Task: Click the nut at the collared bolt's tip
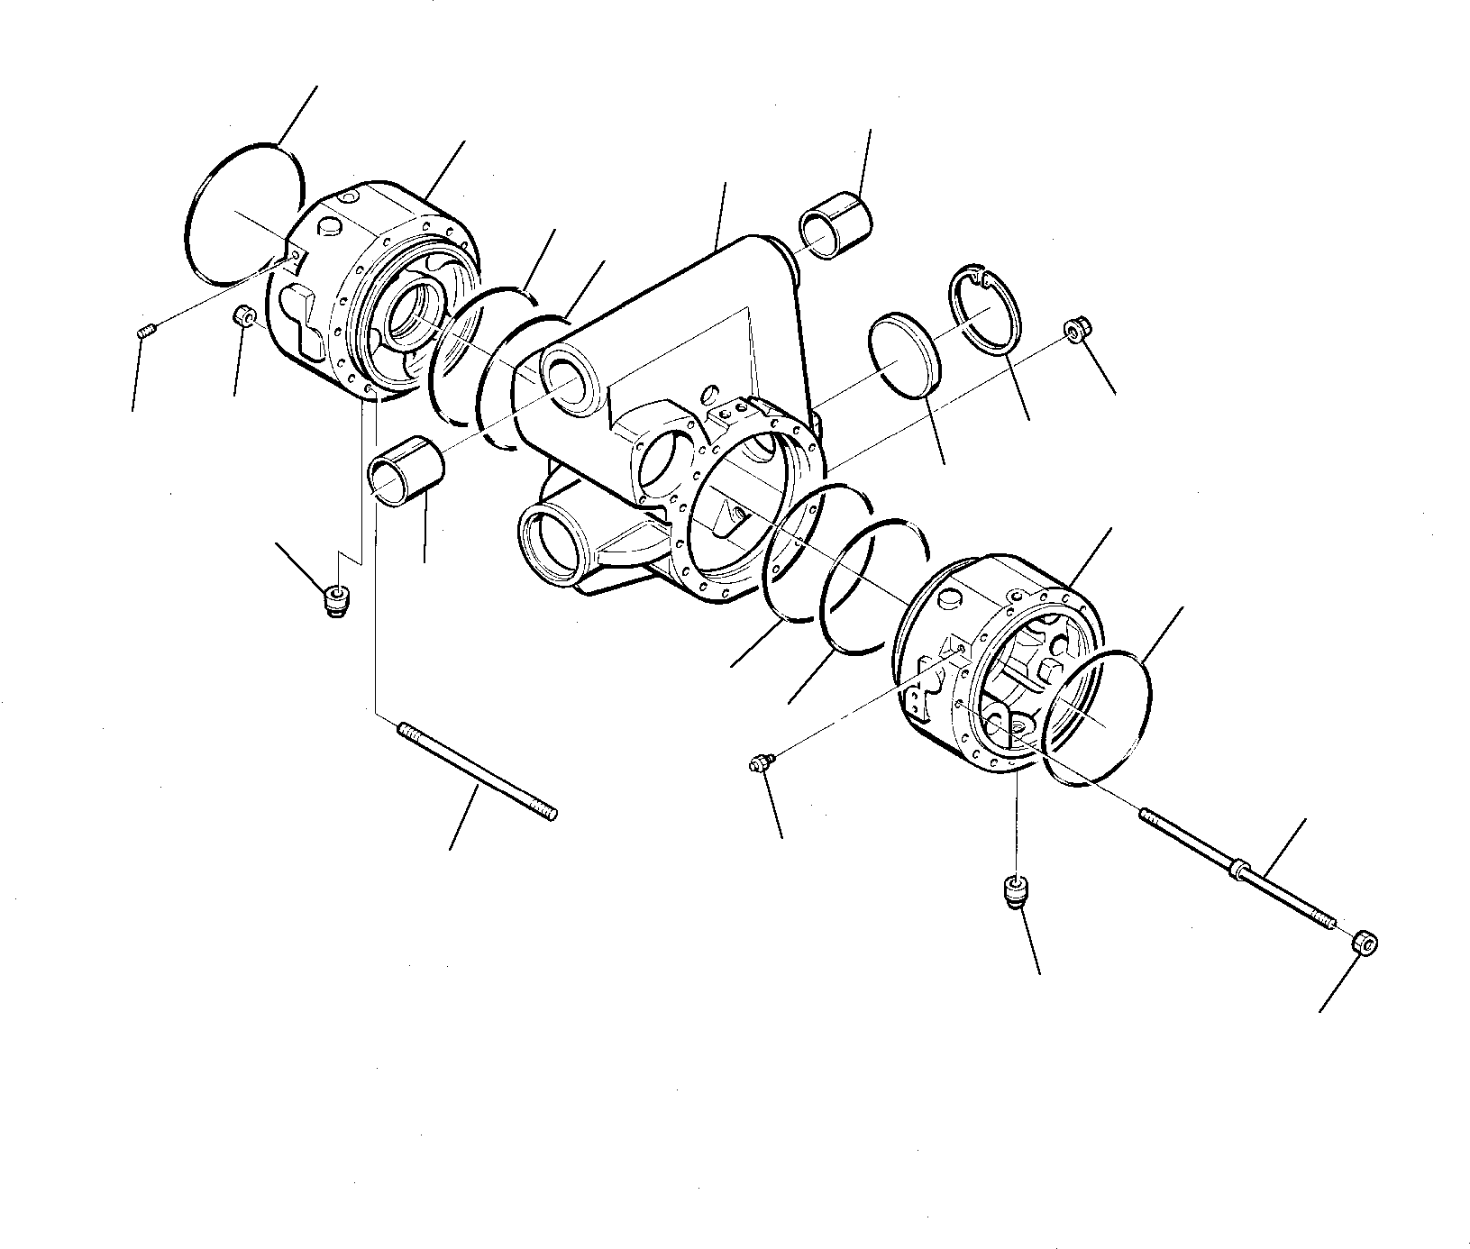click(x=1366, y=945)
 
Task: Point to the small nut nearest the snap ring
click(x=1076, y=330)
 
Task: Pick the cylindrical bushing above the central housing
click(x=835, y=231)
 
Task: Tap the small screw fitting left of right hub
click(x=760, y=765)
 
